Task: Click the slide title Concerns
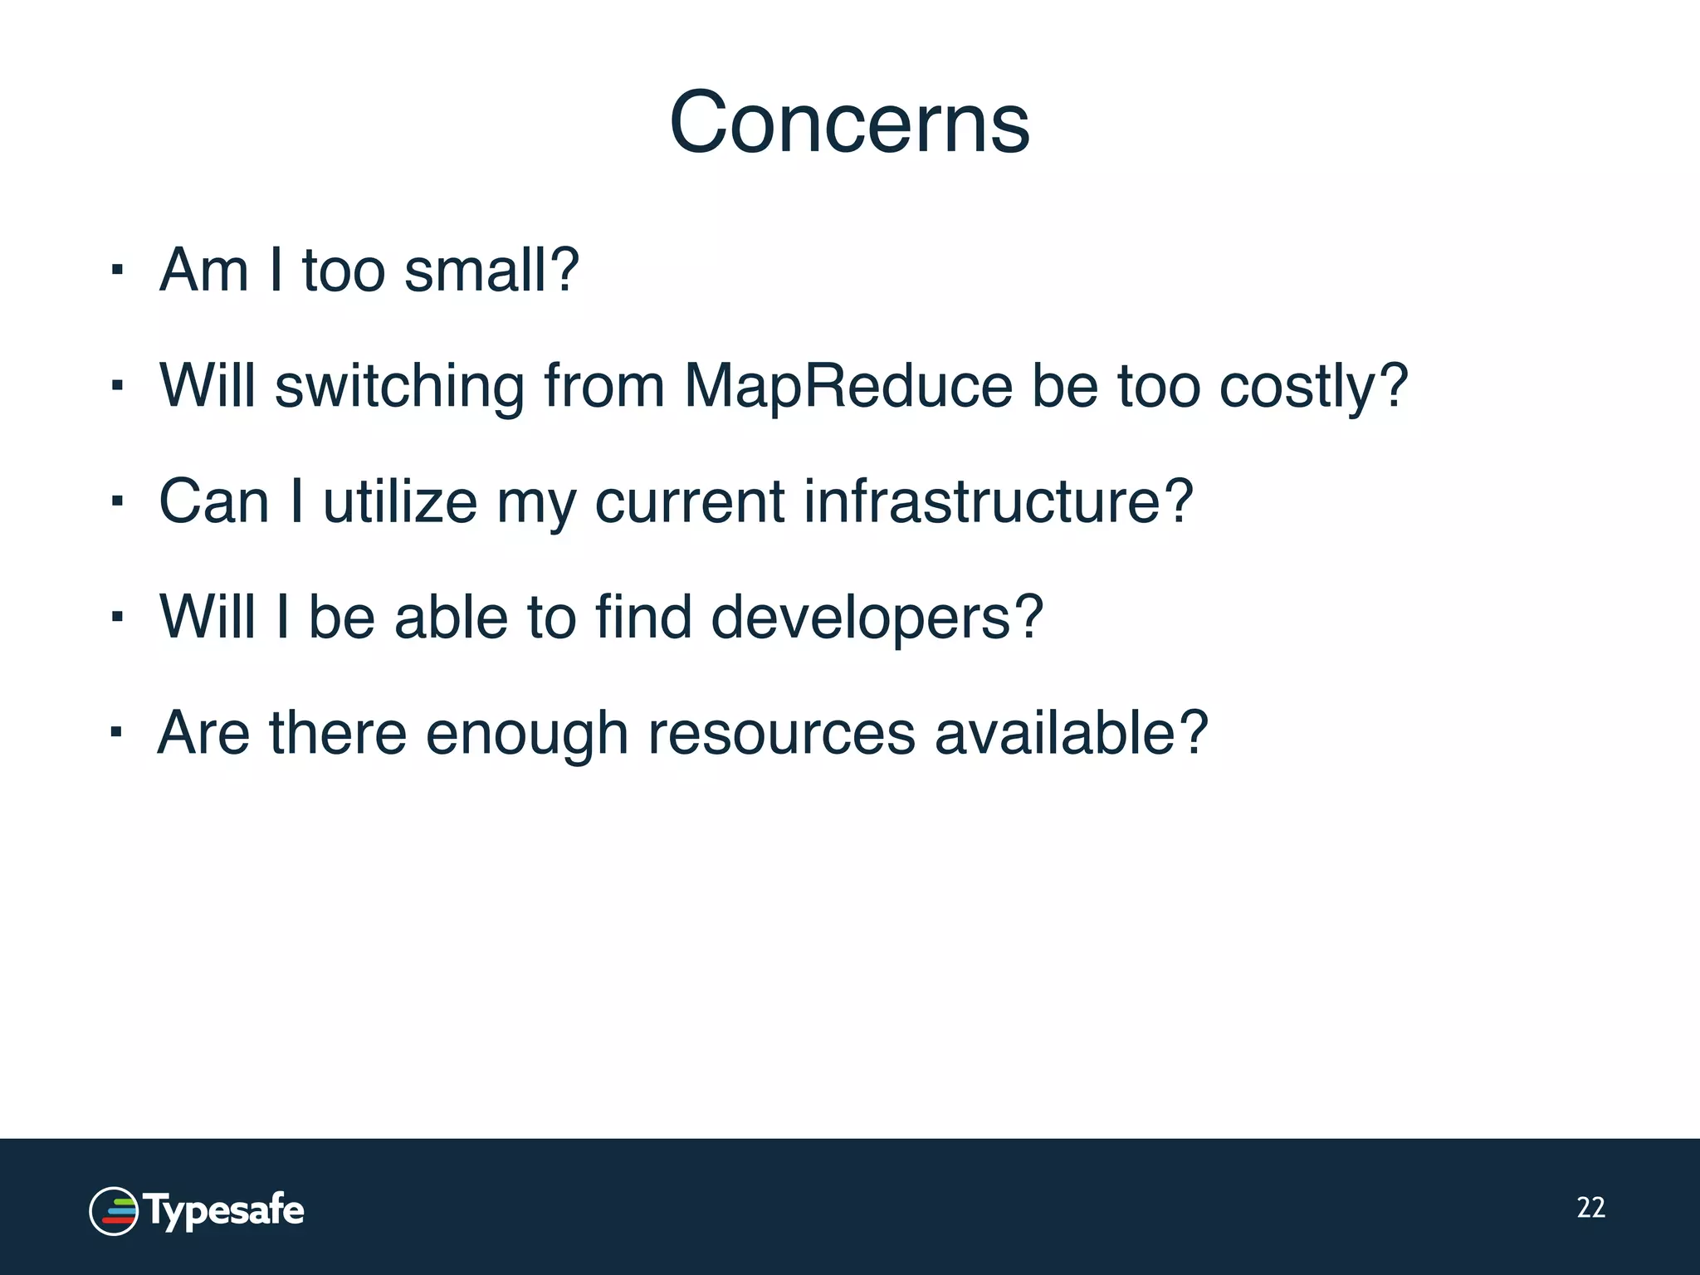click(x=849, y=123)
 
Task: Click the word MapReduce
click(x=848, y=387)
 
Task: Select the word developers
click(x=877, y=618)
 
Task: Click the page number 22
click(x=1590, y=1208)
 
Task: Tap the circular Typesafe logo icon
click(x=114, y=1211)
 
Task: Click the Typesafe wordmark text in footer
click(x=225, y=1211)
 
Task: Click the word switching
click(x=399, y=387)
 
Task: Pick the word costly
click(x=1313, y=387)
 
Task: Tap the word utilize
click(x=400, y=501)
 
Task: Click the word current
click(x=689, y=503)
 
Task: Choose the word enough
click(x=526, y=735)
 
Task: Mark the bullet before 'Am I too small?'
click(x=117, y=271)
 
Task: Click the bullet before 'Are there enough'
click(x=117, y=733)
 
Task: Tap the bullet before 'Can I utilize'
click(x=117, y=502)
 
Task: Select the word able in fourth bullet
click(x=451, y=618)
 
